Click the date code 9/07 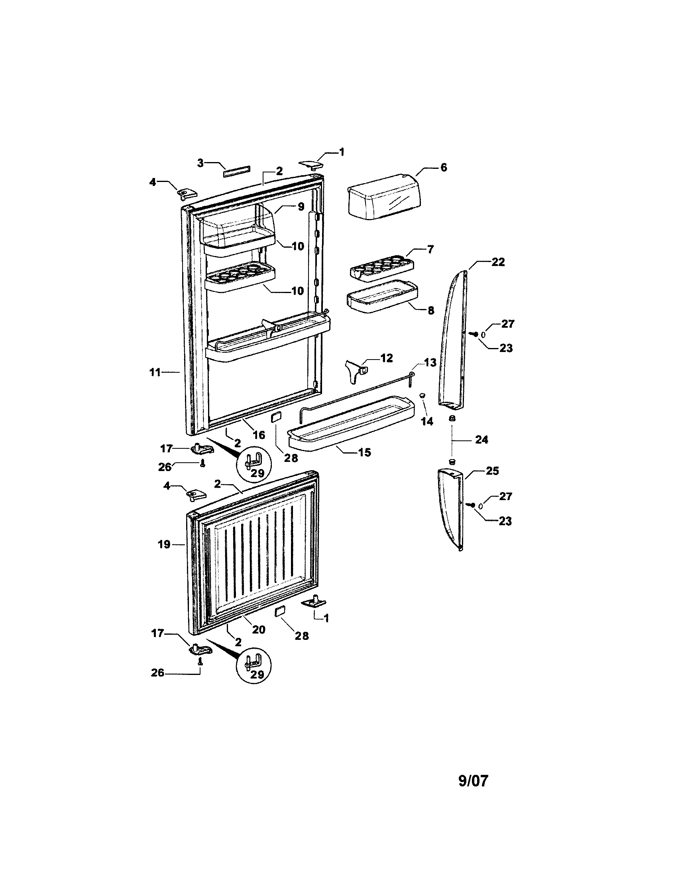(x=473, y=781)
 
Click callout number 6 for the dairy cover (x=444, y=168)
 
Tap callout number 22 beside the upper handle (x=498, y=262)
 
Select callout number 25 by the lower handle (x=492, y=471)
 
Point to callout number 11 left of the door (x=155, y=372)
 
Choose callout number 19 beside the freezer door (x=164, y=544)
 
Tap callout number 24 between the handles (x=481, y=440)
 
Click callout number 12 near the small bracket (x=387, y=358)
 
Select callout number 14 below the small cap (x=427, y=421)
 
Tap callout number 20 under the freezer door (x=259, y=630)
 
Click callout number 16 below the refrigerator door (x=259, y=434)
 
